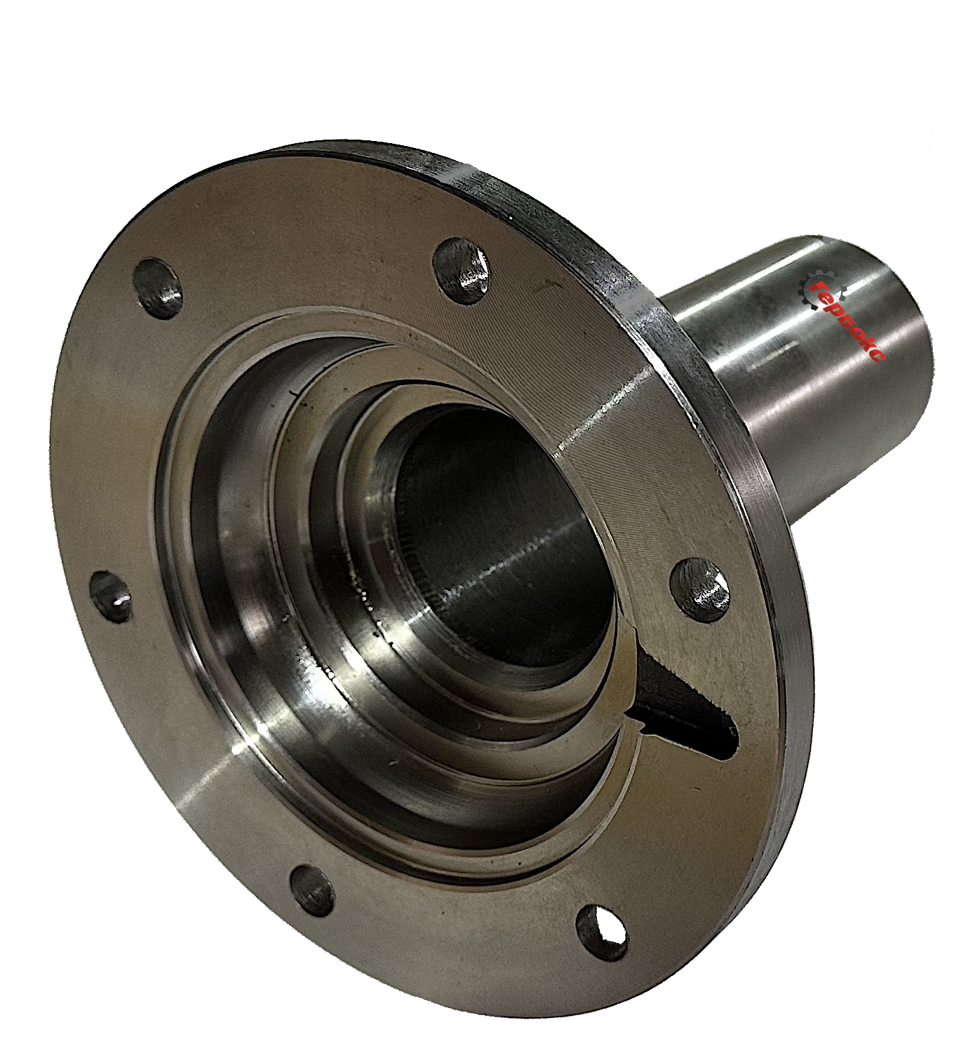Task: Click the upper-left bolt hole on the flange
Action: (158, 288)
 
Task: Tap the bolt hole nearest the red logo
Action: (462, 271)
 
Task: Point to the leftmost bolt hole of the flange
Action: (111, 597)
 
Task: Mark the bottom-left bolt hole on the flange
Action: (312, 891)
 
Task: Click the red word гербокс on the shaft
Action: (849, 321)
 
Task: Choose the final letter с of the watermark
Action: (878, 354)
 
